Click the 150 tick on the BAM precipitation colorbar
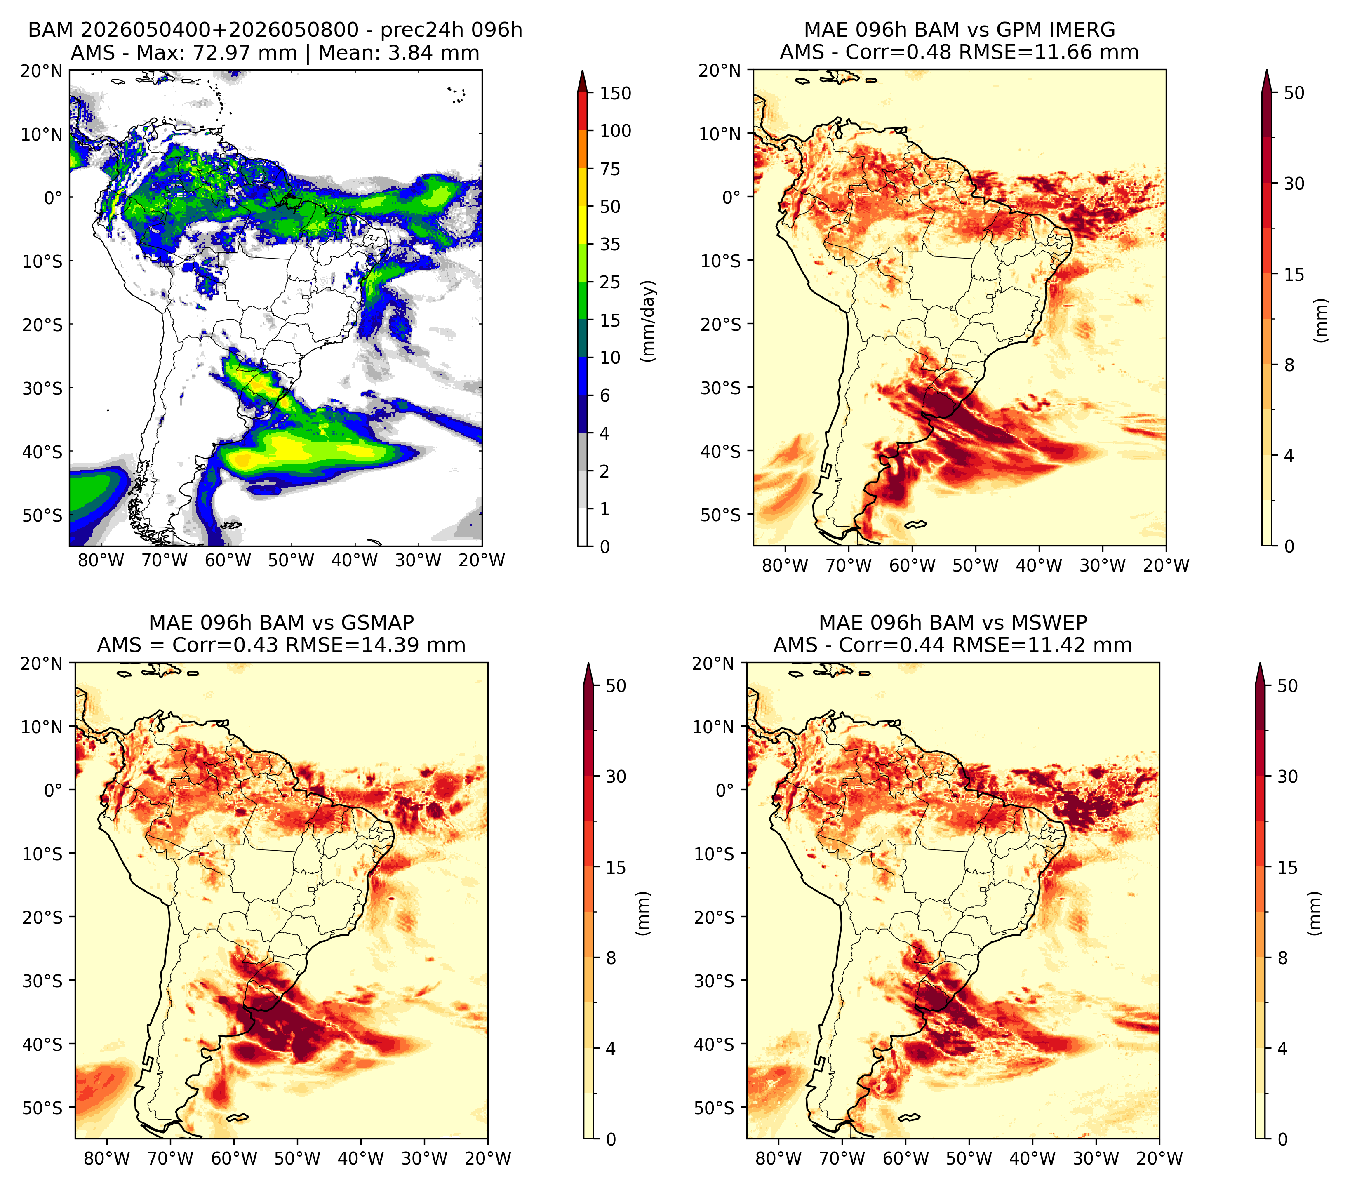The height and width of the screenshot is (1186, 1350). (615, 93)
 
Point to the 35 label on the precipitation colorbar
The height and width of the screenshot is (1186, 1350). (609, 244)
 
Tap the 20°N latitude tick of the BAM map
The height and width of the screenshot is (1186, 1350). (41, 71)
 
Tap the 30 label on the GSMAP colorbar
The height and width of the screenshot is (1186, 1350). (616, 776)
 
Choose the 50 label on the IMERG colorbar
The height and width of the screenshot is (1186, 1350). (1294, 93)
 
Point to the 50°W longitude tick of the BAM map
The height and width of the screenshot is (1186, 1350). (291, 560)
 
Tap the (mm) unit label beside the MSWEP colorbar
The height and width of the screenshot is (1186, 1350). (1315, 913)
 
